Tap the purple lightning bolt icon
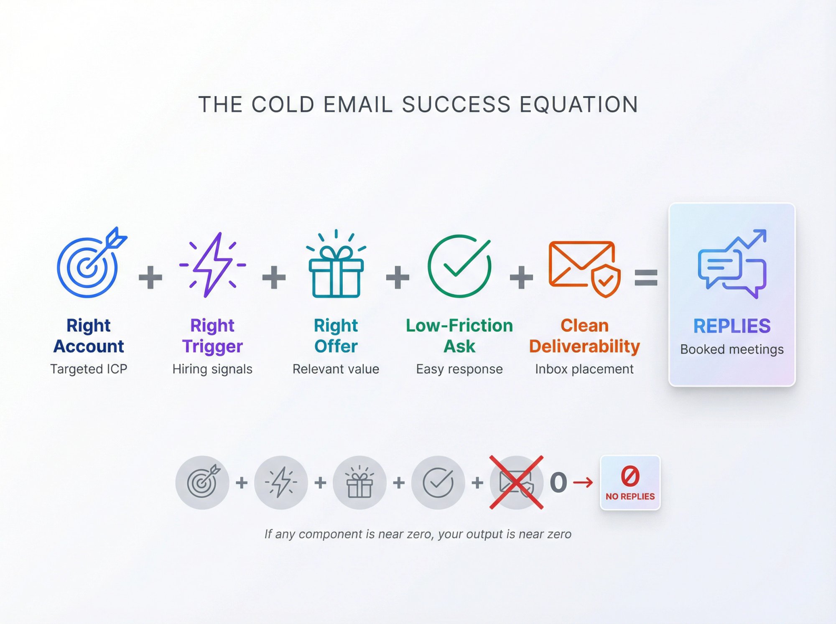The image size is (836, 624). click(212, 265)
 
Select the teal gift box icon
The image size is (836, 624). click(336, 267)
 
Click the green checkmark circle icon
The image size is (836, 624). click(459, 266)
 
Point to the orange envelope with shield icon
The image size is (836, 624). click(584, 267)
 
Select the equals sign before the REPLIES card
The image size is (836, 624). click(646, 278)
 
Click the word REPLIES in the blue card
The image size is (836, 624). click(731, 326)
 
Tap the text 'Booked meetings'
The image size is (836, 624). click(731, 349)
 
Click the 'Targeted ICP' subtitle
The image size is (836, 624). click(89, 369)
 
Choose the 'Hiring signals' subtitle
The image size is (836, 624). click(212, 369)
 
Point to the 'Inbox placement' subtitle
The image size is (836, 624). click(584, 369)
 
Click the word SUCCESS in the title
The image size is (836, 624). click(456, 104)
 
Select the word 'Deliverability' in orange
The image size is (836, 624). click(584, 346)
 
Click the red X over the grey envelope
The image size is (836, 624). click(517, 482)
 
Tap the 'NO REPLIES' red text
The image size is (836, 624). click(630, 497)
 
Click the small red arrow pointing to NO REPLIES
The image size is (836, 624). click(583, 483)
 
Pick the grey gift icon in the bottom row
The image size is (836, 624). click(359, 483)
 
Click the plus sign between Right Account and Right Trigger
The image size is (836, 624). click(150, 277)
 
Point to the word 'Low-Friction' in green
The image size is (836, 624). click(459, 326)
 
